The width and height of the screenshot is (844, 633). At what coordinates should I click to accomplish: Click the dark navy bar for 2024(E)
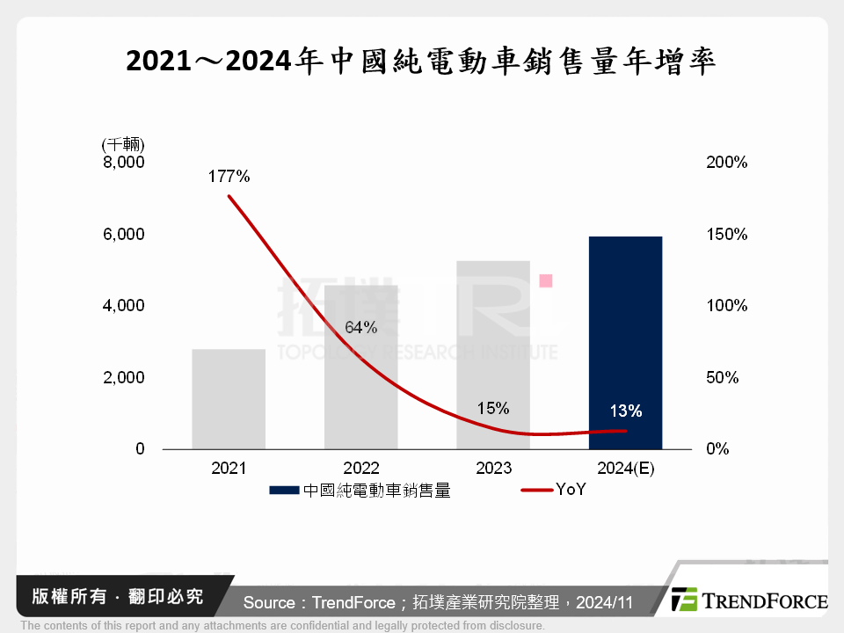pos(625,343)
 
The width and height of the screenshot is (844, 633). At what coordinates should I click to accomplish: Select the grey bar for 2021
pos(229,399)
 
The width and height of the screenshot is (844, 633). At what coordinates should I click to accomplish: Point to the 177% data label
pos(229,177)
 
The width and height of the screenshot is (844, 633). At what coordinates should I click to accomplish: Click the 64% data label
pos(360,328)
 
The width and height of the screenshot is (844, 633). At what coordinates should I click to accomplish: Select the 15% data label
pos(493,408)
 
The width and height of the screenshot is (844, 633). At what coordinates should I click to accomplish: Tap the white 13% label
pos(625,411)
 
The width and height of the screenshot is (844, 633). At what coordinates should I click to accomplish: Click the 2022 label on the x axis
pos(361,469)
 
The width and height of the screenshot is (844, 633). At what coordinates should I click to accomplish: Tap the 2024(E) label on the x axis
pos(625,469)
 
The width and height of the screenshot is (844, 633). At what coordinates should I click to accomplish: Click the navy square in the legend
pos(284,491)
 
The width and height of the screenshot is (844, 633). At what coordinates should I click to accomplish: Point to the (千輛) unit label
pos(123,143)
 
